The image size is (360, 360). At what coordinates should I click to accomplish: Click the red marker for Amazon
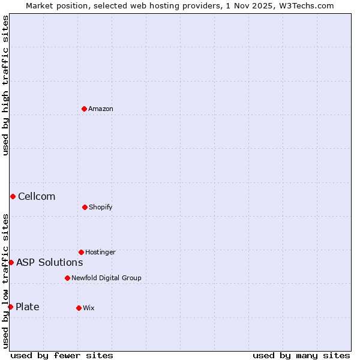click(x=84, y=109)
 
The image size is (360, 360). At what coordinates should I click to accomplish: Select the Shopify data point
click(x=85, y=207)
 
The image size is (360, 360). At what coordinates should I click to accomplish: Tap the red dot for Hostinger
click(x=81, y=252)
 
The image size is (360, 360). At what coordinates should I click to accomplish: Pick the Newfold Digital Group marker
click(x=67, y=278)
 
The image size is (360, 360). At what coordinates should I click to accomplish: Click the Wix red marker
click(x=79, y=308)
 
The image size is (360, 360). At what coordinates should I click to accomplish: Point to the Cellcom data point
click(x=13, y=196)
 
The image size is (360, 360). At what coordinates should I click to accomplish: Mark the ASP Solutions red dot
click(x=11, y=262)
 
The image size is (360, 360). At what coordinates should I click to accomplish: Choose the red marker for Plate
click(x=10, y=307)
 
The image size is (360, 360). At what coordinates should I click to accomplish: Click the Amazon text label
click(x=101, y=109)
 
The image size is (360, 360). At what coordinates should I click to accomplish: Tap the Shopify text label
click(x=101, y=207)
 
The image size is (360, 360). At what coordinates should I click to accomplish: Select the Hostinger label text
click(x=100, y=252)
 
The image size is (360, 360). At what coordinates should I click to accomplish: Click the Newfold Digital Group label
click(x=106, y=278)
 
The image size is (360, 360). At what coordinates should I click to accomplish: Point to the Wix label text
click(x=89, y=308)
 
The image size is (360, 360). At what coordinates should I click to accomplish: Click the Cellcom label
click(x=37, y=196)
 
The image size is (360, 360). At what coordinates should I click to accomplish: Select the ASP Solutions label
click(x=49, y=262)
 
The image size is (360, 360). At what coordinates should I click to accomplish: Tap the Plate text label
click(x=28, y=307)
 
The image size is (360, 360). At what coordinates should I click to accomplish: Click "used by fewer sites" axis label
click(x=62, y=355)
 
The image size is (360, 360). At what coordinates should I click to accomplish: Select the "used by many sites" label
click(x=301, y=355)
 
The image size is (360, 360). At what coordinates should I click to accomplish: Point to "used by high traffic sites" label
click(x=5, y=85)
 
